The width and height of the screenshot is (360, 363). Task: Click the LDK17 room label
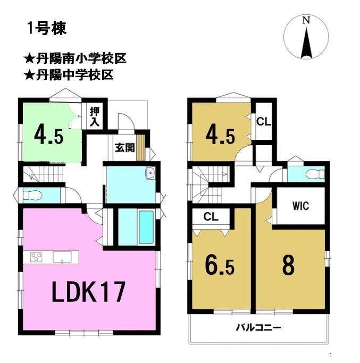[x=89, y=292]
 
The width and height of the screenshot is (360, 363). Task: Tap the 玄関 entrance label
[x=125, y=147]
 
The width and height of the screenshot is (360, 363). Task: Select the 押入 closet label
[x=95, y=117]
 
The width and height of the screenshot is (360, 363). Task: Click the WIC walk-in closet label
[x=300, y=206]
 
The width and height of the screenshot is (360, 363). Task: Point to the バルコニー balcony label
[x=258, y=327]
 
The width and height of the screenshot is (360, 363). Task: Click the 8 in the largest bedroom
[x=288, y=265]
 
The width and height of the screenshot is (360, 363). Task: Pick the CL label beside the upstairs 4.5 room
[x=264, y=121]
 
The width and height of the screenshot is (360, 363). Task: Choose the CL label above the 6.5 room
[x=211, y=217]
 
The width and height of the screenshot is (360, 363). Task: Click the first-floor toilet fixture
[x=32, y=196]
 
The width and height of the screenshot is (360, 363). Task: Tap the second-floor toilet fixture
[x=315, y=175]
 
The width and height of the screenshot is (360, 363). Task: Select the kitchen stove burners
[x=36, y=257]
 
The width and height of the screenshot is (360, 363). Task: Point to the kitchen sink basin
[x=62, y=257]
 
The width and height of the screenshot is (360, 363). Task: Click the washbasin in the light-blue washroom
[x=150, y=173]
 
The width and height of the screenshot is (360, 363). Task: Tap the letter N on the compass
[x=306, y=21]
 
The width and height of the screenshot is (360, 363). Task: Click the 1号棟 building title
[x=47, y=29]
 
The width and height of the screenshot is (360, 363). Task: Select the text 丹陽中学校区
[x=75, y=75]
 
